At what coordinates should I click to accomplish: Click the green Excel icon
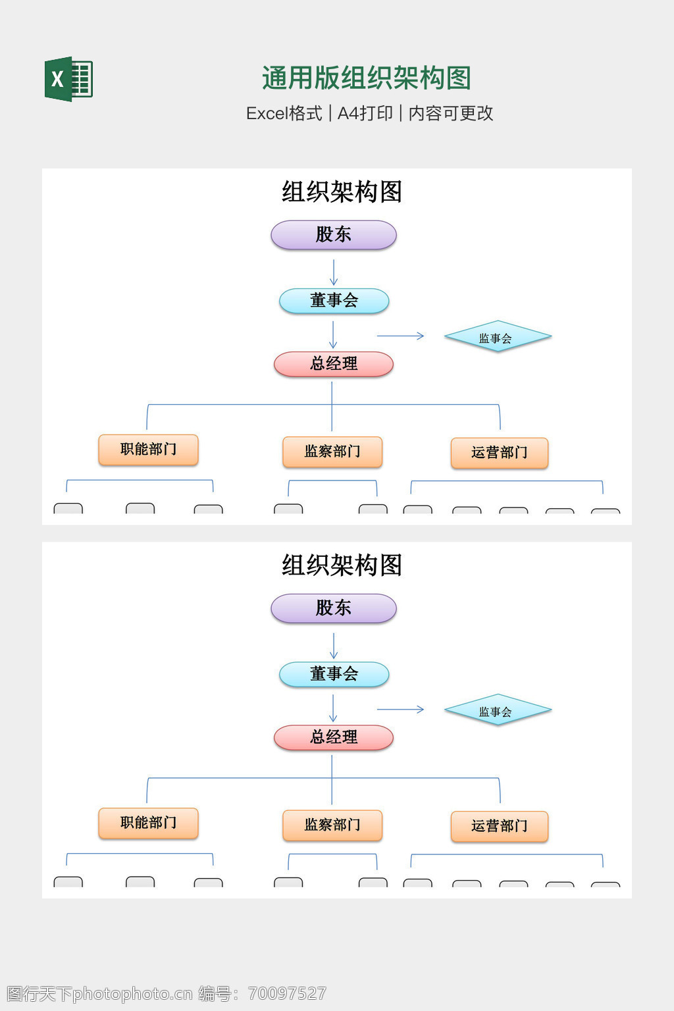click(68, 79)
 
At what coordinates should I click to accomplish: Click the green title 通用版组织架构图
click(366, 78)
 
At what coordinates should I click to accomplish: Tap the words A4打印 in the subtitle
click(365, 113)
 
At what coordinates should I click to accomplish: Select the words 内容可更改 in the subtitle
click(451, 113)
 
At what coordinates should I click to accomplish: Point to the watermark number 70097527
click(287, 993)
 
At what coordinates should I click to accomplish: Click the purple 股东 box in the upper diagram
click(334, 235)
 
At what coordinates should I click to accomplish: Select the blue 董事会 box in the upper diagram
click(334, 301)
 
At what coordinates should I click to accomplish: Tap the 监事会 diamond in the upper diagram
click(498, 337)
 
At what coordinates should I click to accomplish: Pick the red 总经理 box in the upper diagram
click(334, 364)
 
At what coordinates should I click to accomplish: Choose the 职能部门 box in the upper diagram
click(148, 450)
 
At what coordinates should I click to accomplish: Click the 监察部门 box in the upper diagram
click(332, 452)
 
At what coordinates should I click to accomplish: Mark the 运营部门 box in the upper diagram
click(500, 453)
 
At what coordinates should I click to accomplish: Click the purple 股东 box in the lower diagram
click(334, 608)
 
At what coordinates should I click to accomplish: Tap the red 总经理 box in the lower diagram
click(334, 737)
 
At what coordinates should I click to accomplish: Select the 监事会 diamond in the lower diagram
click(498, 710)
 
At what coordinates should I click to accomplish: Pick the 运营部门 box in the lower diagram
click(500, 826)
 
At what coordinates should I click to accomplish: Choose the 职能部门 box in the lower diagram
click(148, 823)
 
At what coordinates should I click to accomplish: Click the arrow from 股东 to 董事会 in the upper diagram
click(334, 271)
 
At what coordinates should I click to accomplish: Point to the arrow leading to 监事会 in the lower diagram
click(400, 710)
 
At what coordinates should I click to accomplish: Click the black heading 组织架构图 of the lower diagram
click(342, 565)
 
